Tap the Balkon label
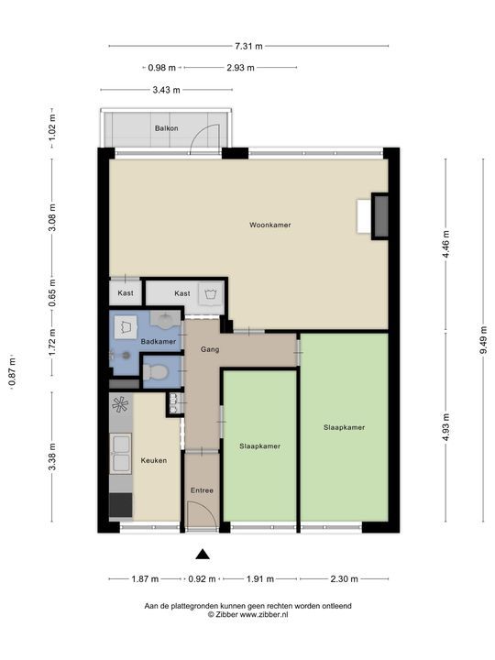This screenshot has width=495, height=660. tap(166, 128)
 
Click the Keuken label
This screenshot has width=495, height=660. tap(153, 460)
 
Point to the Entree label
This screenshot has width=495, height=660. tap(202, 490)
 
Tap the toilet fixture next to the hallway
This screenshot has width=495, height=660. tap(156, 372)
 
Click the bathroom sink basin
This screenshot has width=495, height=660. tap(166, 321)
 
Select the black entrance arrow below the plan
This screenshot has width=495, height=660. tap(203, 553)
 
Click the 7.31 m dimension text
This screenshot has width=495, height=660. tap(248, 46)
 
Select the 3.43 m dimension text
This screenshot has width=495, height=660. tap(165, 90)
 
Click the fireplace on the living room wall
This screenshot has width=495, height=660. tap(379, 217)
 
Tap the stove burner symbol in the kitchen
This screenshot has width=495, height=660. tap(120, 405)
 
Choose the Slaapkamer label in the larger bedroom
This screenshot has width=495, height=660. tap(344, 427)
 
